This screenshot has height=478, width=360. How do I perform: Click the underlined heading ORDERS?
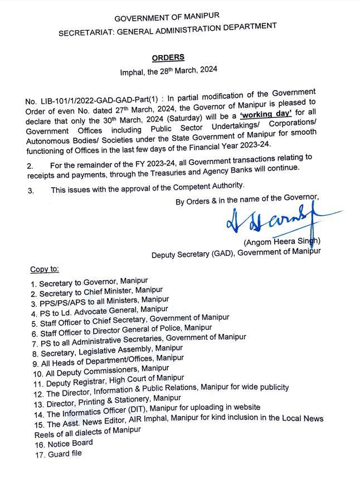click(x=167, y=57)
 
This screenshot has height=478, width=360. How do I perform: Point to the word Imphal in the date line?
click(x=132, y=71)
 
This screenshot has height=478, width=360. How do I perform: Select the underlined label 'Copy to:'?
click(x=45, y=270)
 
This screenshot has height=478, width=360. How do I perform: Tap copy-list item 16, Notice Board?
click(x=61, y=443)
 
